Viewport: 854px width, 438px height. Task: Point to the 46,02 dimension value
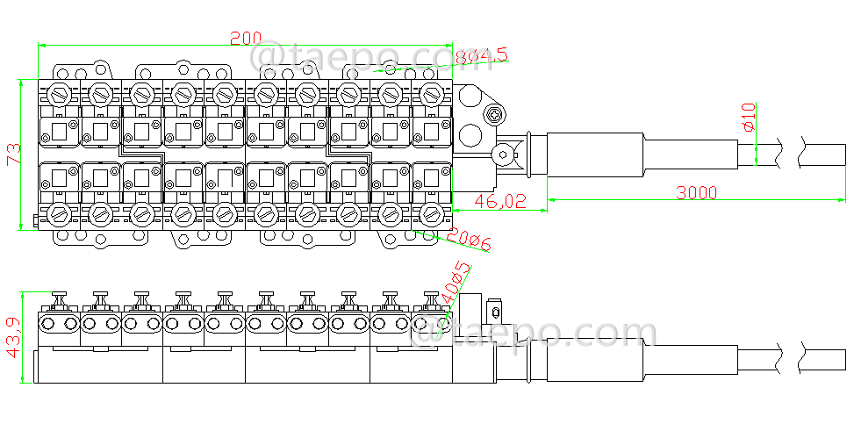coord(500,201)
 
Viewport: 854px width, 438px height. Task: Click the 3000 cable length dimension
coord(696,192)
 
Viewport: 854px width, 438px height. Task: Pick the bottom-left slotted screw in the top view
coord(60,213)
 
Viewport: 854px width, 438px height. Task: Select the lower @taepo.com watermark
coord(534,334)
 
